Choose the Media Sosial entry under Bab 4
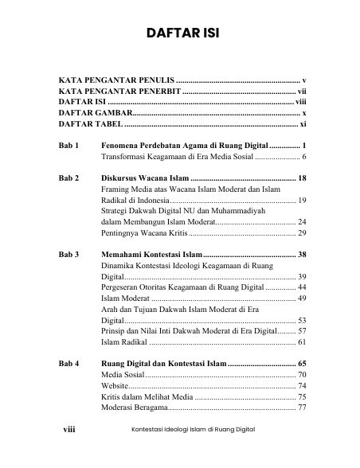(123, 375)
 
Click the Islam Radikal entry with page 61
(124, 342)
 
